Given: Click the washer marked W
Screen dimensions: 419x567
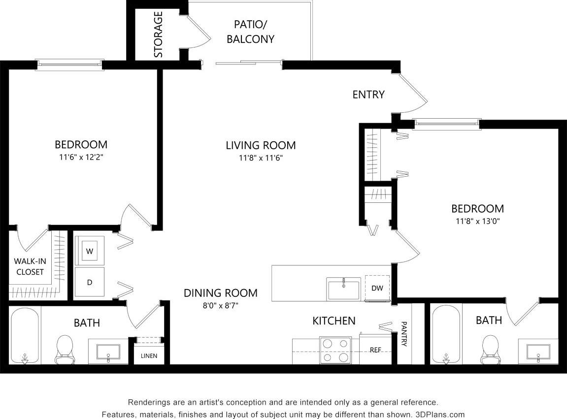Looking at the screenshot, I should [x=90, y=251].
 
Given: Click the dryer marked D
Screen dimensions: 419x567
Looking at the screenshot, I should [x=90, y=282].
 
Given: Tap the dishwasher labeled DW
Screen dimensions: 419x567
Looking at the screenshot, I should [x=377, y=288].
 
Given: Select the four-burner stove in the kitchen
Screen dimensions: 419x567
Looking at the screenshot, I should [x=336, y=350].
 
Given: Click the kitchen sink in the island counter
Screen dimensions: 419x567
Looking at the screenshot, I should [x=344, y=288].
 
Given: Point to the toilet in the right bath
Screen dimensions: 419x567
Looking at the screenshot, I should [x=490, y=348].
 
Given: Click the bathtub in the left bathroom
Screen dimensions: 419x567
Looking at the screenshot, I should [x=24, y=336].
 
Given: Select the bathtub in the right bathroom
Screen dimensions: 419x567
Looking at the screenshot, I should [x=446, y=335].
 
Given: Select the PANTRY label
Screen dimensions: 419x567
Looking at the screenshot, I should [x=404, y=334].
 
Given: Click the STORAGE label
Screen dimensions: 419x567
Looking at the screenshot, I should [x=158, y=34].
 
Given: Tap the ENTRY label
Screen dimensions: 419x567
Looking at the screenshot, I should [x=368, y=95].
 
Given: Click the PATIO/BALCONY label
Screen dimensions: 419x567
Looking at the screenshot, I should [x=250, y=32].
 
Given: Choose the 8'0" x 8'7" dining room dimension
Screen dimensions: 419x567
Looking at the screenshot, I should [x=220, y=305].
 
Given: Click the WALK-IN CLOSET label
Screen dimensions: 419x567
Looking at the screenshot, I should [x=29, y=266].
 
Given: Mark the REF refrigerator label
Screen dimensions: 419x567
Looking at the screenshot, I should [x=376, y=350].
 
